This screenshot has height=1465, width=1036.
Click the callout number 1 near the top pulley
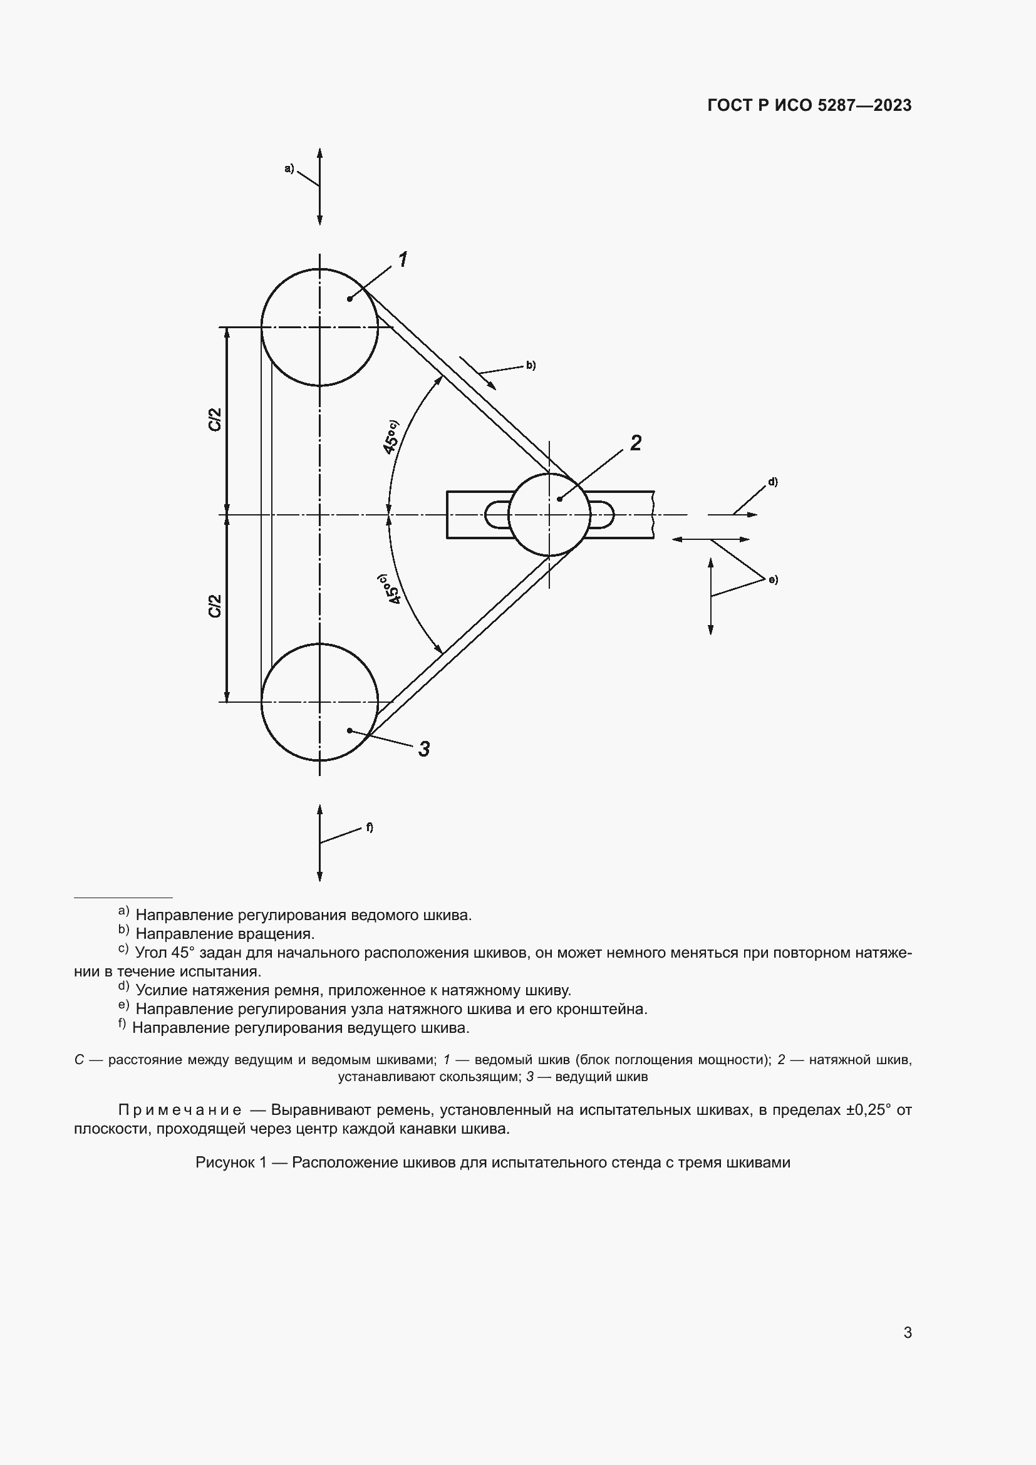click(x=403, y=260)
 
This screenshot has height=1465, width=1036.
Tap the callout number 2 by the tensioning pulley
click(x=635, y=443)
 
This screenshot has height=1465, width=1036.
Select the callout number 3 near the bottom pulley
click(x=424, y=748)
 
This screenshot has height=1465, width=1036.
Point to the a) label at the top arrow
click(x=289, y=168)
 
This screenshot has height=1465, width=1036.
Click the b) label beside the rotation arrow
click(x=530, y=366)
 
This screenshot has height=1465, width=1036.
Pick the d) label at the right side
click(x=772, y=482)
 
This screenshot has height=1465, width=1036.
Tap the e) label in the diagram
click(x=772, y=580)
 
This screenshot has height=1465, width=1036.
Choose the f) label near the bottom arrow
click(x=370, y=827)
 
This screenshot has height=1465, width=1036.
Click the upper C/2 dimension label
click(x=215, y=419)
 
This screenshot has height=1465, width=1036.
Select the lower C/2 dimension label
click(x=215, y=606)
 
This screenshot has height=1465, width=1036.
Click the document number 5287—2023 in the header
click(x=864, y=105)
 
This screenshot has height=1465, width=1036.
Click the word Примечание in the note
click(x=180, y=1110)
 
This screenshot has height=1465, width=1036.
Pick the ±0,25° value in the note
click(x=868, y=1110)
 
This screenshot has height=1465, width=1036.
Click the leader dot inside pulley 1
click(x=350, y=299)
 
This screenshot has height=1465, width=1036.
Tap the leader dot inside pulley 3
click(x=350, y=730)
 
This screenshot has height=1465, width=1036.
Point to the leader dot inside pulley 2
click(x=559, y=499)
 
